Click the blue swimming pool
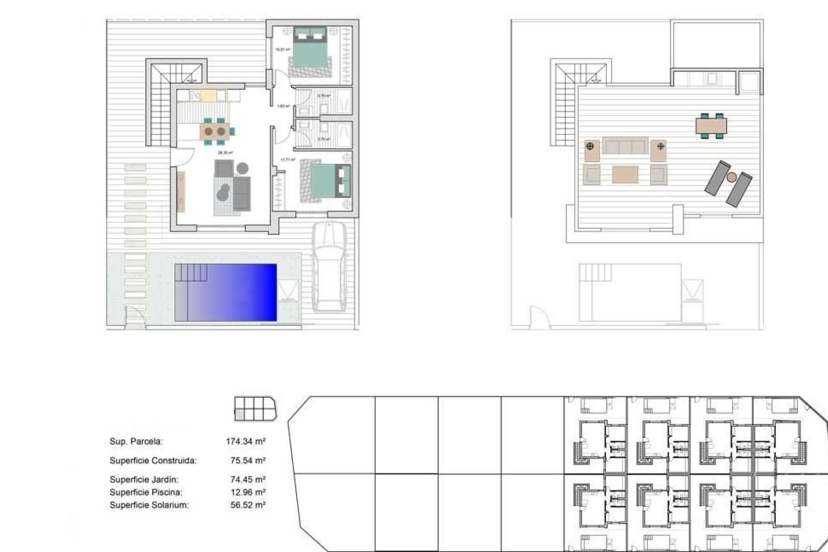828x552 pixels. pos(226,292)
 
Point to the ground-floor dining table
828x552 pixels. pos(215,131)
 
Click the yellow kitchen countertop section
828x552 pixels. pos(208,95)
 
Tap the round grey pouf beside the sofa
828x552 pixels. pos(242,168)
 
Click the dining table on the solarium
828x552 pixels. pos(711,126)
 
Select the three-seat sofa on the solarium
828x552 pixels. pos(625,146)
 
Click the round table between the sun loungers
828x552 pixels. pos(731,177)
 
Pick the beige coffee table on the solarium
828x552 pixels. pos(625,175)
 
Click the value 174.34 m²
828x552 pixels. pos(245,441)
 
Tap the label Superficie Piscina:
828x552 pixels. pos(146,492)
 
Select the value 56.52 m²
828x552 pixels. pos(248,505)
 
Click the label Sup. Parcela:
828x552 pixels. pos(136,441)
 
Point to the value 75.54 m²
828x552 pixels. pos(248,460)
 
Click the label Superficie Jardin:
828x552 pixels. pos(144,479)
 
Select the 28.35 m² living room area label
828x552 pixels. pos(225,153)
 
